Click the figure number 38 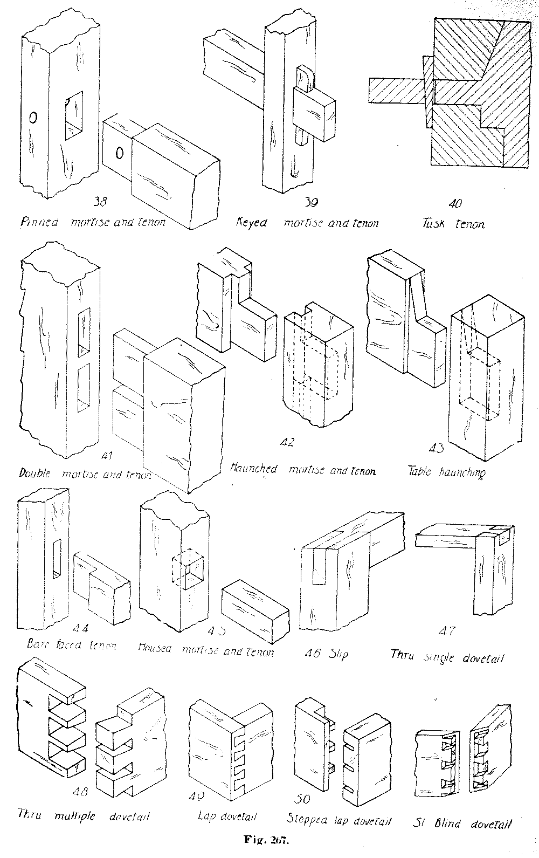tap(101, 202)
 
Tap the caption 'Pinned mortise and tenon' tap(93, 222)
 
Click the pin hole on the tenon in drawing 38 tap(120, 153)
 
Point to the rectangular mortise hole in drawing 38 tap(74, 116)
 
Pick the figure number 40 tap(455, 204)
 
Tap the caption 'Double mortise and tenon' tap(85, 474)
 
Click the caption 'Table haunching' tap(446, 472)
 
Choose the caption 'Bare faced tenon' tap(72, 644)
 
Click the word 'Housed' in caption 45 tap(155, 649)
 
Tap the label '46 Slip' tap(326, 654)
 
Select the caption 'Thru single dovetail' tap(448, 657)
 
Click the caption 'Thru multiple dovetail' tap(84, 815)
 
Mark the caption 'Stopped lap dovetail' tap(339, 820)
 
